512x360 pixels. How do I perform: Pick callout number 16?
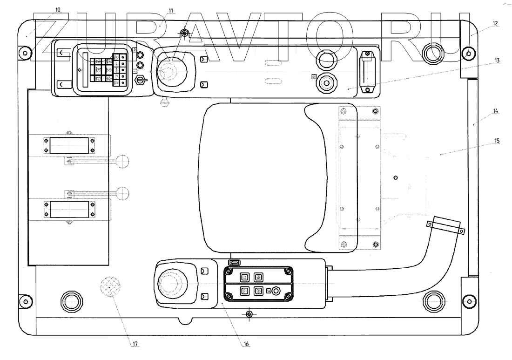click(x=247, y=344)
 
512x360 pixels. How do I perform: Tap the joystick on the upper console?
click(x=172, y=72)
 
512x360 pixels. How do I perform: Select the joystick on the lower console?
click(x=173, y=283)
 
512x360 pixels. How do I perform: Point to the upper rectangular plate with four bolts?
click(x=68, y=145)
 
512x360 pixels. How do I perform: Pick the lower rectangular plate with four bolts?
click(x=68, y=209)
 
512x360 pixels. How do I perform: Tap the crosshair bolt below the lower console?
click(x=249, y=314)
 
